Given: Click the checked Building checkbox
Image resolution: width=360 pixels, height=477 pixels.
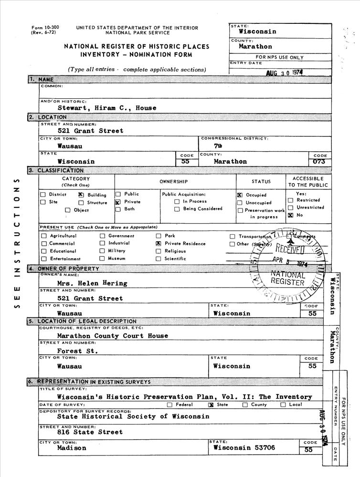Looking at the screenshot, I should coord(81,195).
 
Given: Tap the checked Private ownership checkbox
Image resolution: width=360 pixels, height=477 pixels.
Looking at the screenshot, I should coord(117,202).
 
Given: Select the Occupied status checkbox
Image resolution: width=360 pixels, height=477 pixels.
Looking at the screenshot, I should coord(240,195).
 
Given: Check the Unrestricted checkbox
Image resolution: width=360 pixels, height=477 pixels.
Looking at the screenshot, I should coord(290,208).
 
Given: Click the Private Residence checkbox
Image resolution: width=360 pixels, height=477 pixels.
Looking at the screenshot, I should coord(159,243).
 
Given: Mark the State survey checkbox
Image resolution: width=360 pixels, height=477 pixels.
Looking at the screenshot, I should coord(211,405).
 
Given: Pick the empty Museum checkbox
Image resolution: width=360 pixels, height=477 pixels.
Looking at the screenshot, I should coord(102,259).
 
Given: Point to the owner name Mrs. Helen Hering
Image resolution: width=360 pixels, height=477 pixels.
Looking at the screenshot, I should coord(92,283).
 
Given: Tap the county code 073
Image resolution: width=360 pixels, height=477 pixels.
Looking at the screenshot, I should coord(318,162).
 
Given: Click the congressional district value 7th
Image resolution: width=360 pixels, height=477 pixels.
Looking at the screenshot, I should coord(218,146).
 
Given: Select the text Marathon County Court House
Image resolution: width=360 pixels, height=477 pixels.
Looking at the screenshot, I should coord(112,336).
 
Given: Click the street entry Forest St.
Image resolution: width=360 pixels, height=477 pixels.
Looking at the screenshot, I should coord(77,351).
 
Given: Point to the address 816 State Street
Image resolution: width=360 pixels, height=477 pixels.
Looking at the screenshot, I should coord(90,432).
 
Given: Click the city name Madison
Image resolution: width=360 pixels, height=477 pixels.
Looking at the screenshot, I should coord(72,448).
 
